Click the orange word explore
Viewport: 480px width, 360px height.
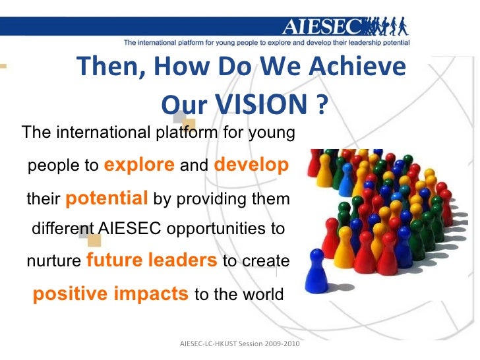(x=140, y=165)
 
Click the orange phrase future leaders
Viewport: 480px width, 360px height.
(x=152, y=260)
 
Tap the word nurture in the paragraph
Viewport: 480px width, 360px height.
(x=55, y=261)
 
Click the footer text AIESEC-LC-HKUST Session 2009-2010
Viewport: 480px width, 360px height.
(x=240, y=344)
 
